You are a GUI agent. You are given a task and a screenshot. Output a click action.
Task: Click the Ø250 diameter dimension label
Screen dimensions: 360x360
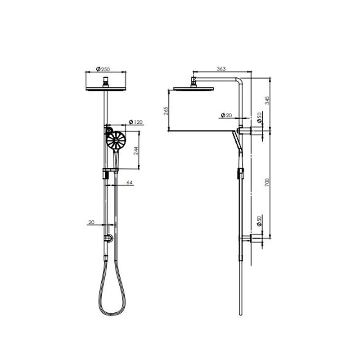click(x=103, y=69)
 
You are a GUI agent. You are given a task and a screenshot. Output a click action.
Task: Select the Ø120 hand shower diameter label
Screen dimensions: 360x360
click(x=135, y=122)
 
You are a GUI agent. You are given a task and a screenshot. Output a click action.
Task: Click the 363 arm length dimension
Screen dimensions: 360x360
click(x=221, y=69)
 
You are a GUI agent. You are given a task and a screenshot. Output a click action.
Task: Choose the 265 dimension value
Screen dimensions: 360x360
click(x=166, y=111)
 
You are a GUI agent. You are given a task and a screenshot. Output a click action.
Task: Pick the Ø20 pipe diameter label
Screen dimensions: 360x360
click(x=226, y=115)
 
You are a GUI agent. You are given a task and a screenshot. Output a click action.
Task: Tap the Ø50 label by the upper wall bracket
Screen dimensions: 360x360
click(x=259, y=117)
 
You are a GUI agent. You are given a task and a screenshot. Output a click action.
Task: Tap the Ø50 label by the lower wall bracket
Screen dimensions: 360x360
click(x=259, y=221)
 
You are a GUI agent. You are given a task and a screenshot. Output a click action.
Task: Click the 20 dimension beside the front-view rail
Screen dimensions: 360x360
click(x=92, y=222)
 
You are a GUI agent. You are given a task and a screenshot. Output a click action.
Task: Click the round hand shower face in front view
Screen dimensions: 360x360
click(x=116, y=140)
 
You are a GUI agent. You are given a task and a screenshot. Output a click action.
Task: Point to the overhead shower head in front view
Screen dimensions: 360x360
click(x=106, y=88)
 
